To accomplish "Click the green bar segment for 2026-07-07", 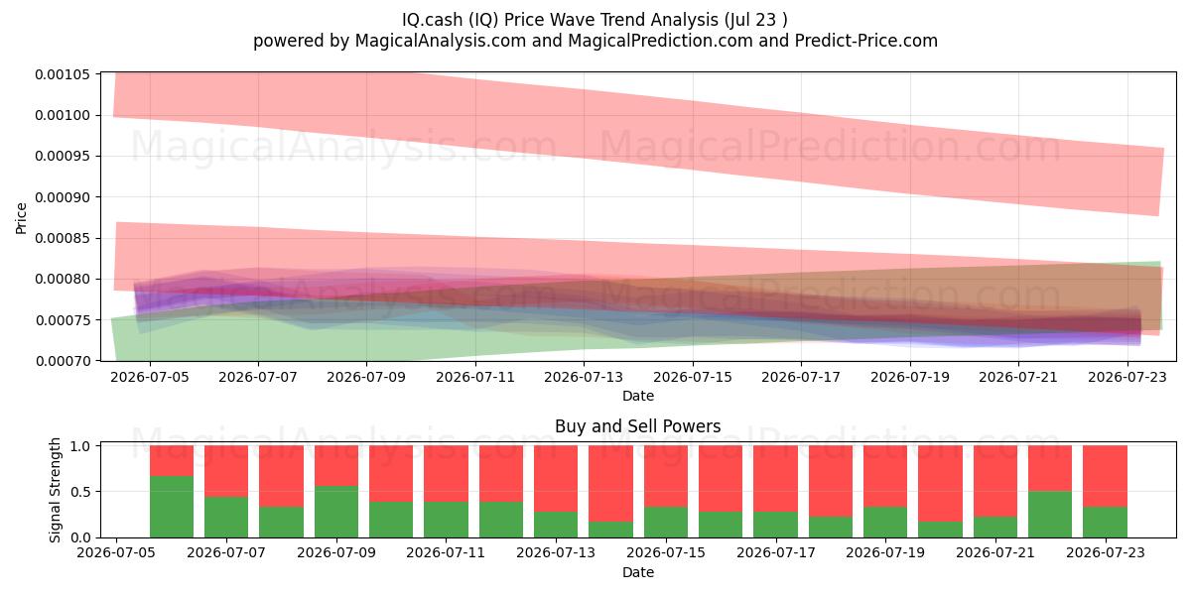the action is point(226,517).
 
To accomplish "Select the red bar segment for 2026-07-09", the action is point(336,465).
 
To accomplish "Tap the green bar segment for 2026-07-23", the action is point(1105,523).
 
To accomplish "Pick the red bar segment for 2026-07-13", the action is point(556,479).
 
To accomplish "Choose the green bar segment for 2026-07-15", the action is point(666,523).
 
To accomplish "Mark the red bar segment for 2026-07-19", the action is point(885,476).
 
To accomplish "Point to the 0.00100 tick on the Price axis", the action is point(99,115).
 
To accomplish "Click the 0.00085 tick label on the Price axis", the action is point(63,238).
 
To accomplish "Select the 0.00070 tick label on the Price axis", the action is point(63,361).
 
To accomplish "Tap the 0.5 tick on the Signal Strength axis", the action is point(99,492).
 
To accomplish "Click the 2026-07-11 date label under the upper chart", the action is point(475,377).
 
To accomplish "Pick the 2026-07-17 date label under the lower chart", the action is point(776,553).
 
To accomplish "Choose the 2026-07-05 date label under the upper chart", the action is point(150,377).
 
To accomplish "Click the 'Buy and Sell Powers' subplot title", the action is point(637,426).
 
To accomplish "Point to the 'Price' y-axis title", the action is point(21,218).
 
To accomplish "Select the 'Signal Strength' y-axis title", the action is point(55,490).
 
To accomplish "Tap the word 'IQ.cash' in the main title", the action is point(432,20).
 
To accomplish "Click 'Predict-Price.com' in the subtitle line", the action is point(866,41).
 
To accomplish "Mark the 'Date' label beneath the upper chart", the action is point(638,396).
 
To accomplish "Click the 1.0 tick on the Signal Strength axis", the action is point(99,445).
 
